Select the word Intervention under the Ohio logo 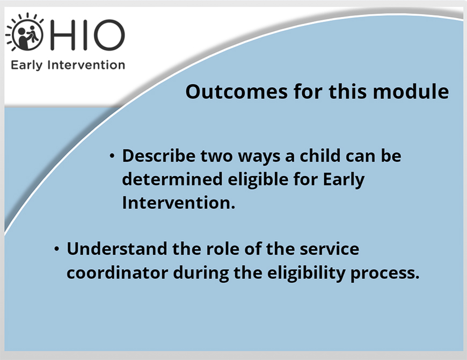tap(86, 64)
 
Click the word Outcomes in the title tap(237, 91)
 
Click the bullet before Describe tap(112, 156)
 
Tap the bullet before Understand tap(56, 249)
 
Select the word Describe tap(159, 156)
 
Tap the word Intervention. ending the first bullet tap(179, 203)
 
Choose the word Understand tap(117, 249)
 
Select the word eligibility tap(306, 273)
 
